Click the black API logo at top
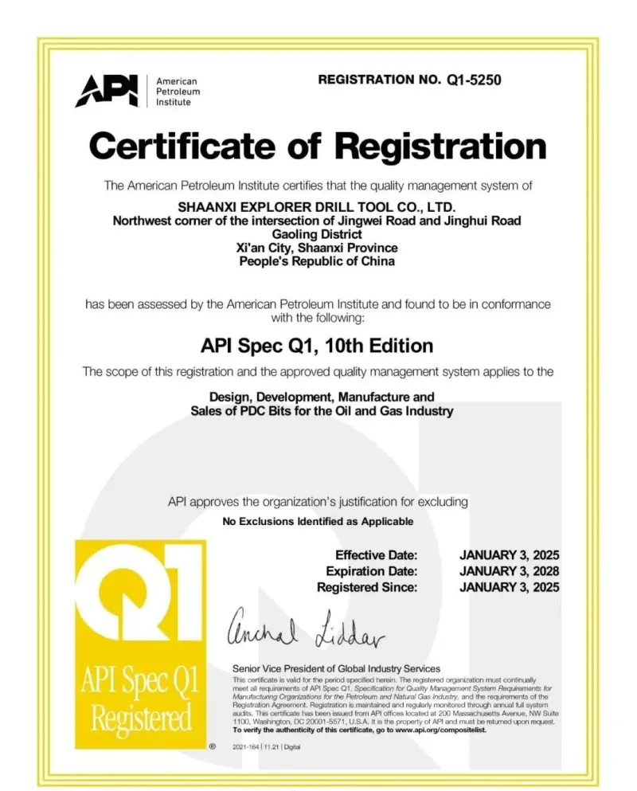[106, 91]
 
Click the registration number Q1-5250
[470, 80]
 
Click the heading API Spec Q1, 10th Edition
[317, 345]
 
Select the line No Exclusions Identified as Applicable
[317, 522]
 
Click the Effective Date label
[376, 555]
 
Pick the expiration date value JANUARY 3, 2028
[510, 571]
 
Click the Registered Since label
[367, 587]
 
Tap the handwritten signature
[307, 630]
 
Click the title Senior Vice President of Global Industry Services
[335, 668]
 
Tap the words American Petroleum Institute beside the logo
[176, 92]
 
